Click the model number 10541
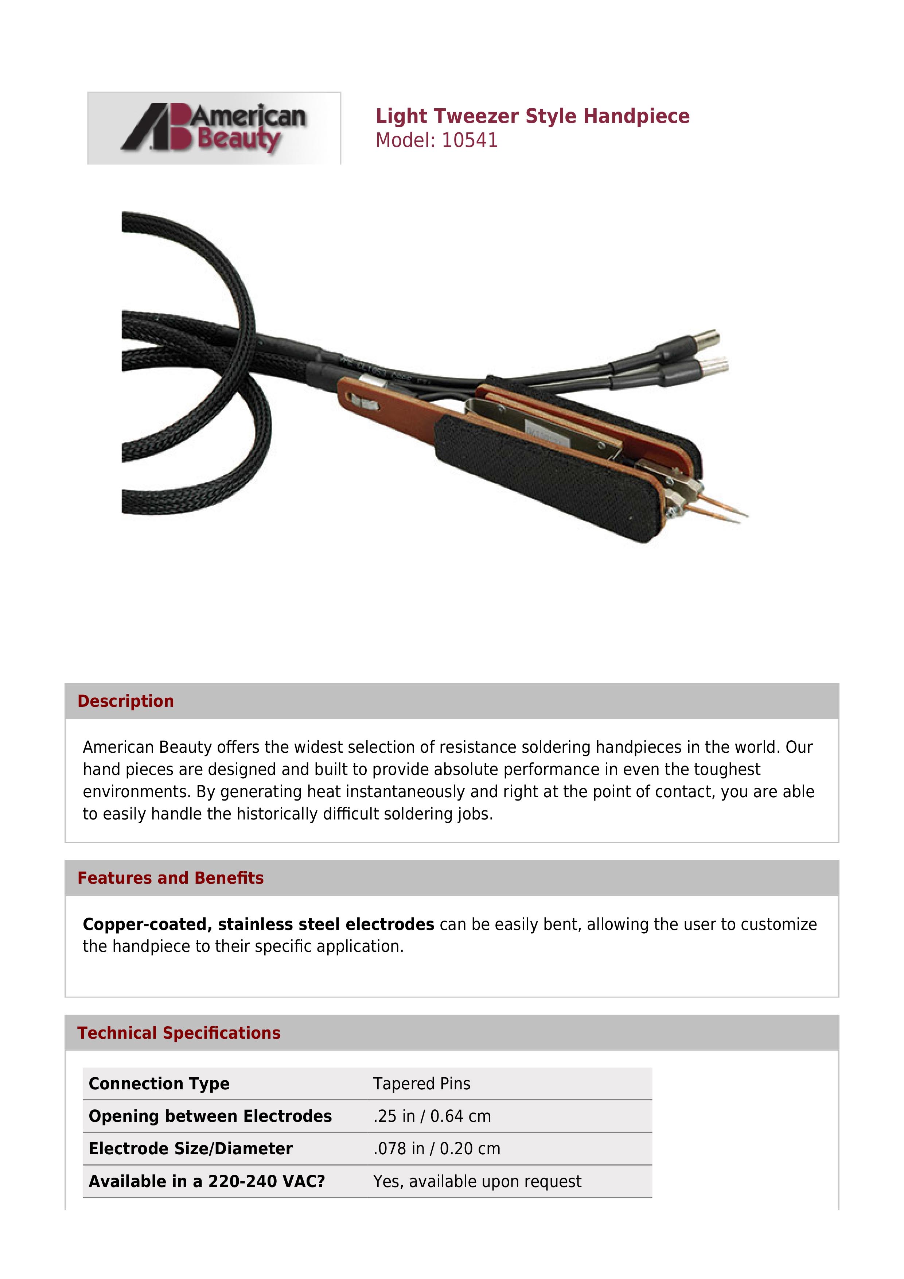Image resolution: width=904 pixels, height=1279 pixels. pos(470,140)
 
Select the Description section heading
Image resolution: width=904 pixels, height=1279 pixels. pos(125,701)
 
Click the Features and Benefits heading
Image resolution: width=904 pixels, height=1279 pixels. pos(170,878)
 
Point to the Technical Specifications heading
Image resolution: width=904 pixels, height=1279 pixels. pos(179,1033)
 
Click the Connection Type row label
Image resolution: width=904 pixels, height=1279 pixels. pos(159,1084)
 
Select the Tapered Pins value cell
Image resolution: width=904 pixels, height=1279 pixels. pos(421,1084)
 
